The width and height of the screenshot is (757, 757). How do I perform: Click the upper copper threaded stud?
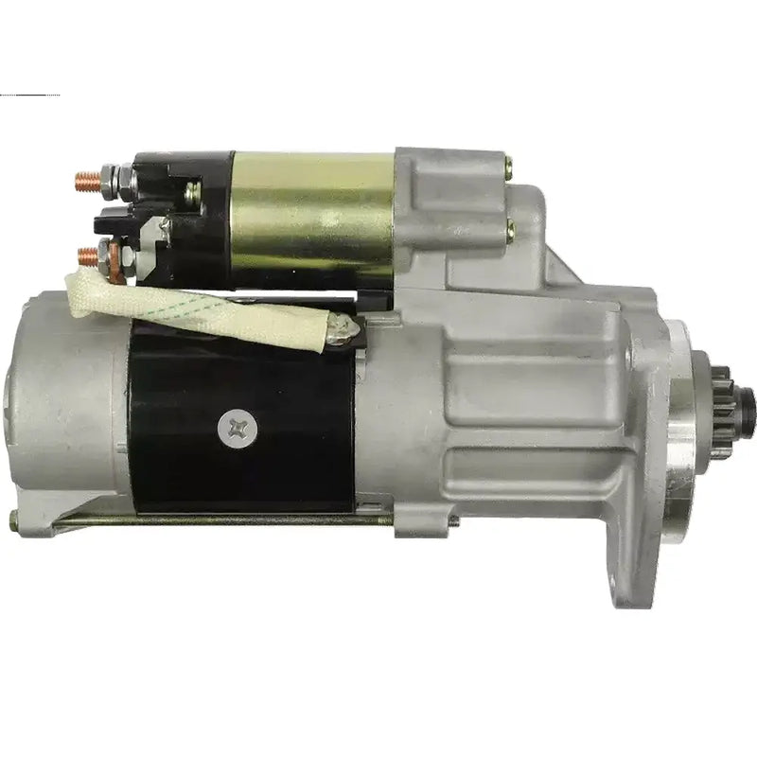[84, 177]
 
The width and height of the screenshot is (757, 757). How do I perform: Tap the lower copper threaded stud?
[87, 255]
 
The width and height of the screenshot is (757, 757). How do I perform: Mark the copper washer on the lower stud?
[113, 257]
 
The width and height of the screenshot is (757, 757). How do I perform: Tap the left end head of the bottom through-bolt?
[13, 519]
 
